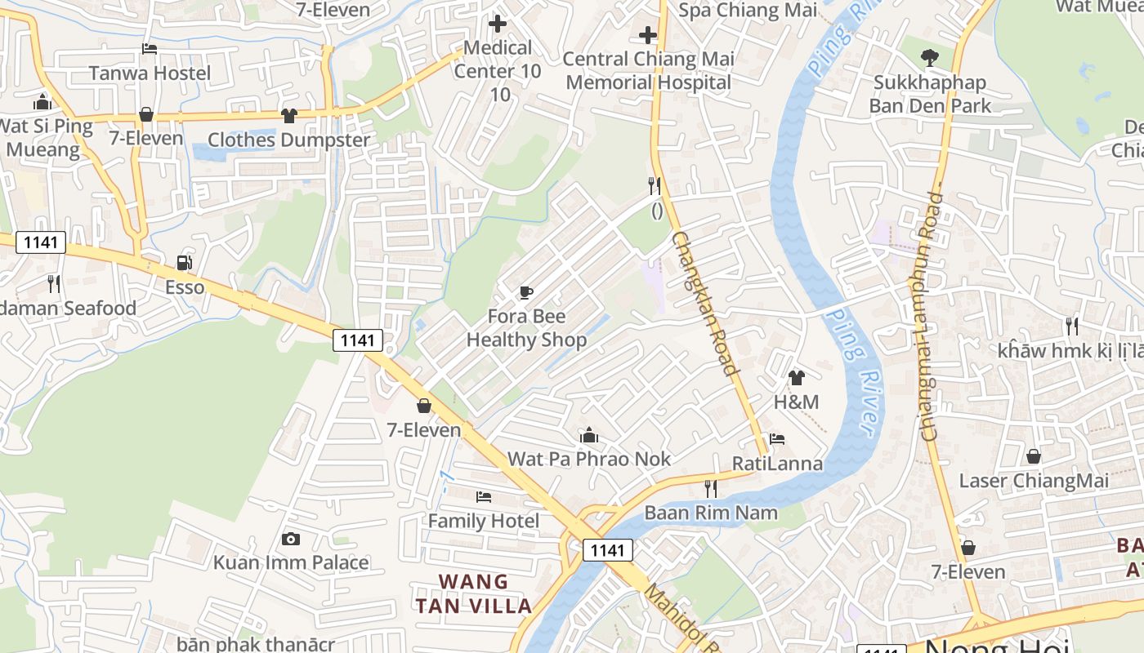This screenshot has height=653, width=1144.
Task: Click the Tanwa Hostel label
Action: pos(150,73)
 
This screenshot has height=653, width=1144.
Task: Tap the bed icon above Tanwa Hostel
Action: pos(150,49)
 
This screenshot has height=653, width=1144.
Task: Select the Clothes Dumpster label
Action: pos(288,140)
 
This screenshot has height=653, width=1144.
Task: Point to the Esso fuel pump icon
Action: pos(185,263)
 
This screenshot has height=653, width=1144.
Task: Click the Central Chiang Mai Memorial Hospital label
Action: pos(649,70)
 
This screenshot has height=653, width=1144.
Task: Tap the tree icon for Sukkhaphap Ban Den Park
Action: pos(929,58)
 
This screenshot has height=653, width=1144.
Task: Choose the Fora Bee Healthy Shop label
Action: pos(526,328)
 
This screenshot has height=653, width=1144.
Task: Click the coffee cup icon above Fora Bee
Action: pos(526,292)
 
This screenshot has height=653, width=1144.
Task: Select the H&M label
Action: pos(796,402)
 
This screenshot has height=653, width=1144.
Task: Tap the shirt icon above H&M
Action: pos(796,378)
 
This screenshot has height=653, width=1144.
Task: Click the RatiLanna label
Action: pos(777,464)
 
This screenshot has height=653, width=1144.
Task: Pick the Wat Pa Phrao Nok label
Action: pos(589,459)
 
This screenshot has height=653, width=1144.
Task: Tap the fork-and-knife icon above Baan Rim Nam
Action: pos(711,489)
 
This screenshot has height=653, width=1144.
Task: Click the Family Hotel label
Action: pos(484,521)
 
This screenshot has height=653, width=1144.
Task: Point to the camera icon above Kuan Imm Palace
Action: pos(290,539)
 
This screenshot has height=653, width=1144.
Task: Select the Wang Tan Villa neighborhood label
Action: pos(474,593)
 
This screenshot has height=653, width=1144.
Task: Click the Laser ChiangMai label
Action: pos(1034,481)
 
